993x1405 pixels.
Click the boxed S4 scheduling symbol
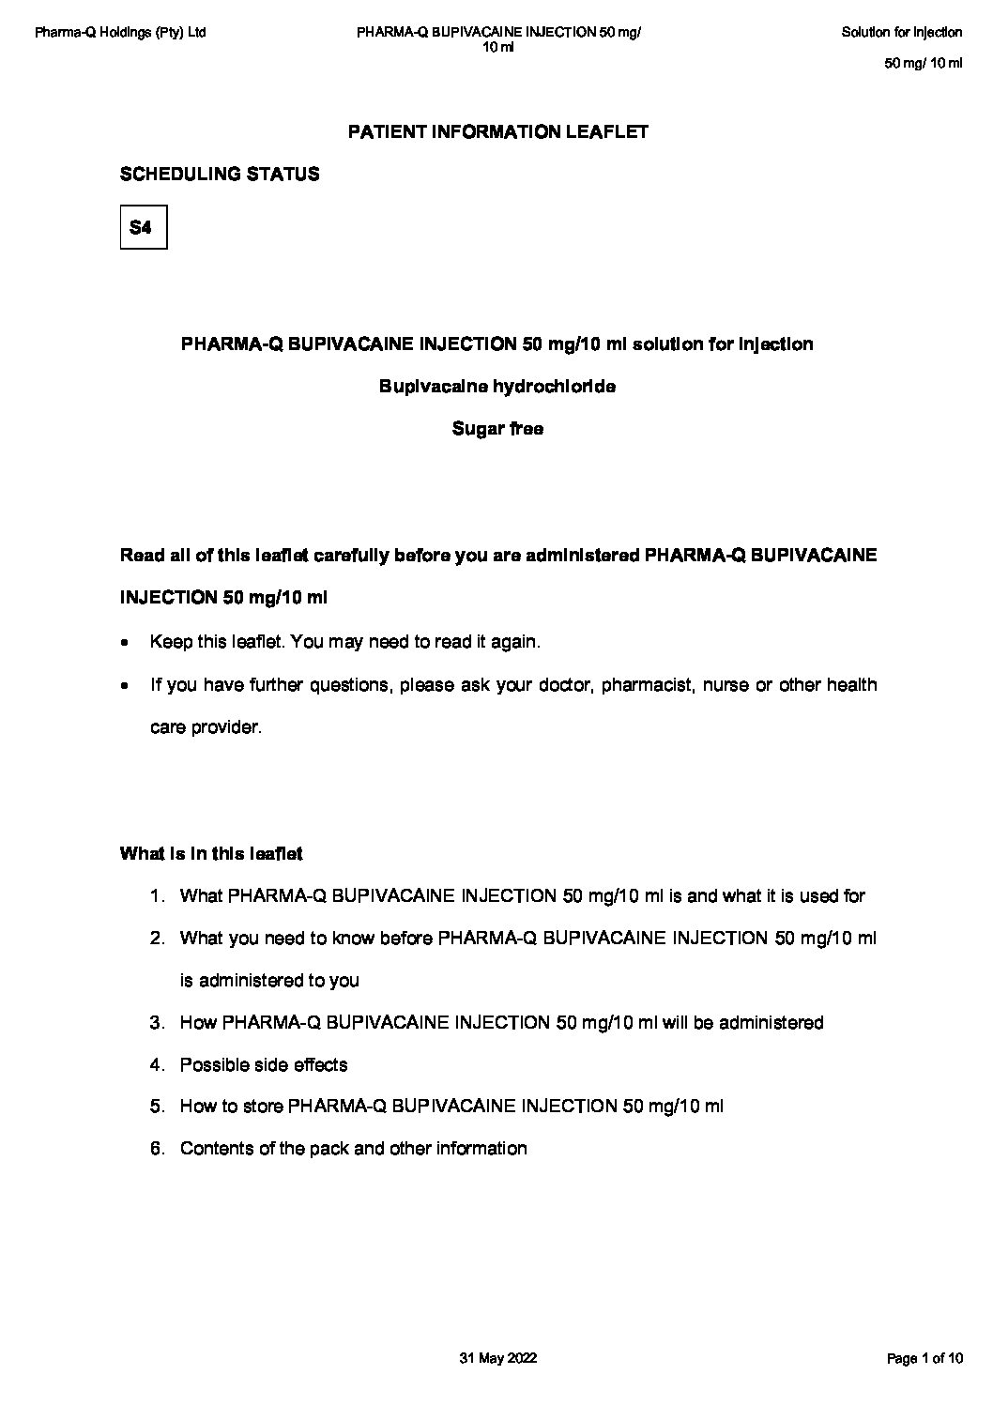coord(143,227)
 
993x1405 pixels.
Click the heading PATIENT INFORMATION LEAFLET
coord(497,132)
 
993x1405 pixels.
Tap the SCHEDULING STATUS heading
coord(220,175)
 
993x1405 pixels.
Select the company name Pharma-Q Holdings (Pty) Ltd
coord(120,33)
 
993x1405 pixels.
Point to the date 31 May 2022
coord(497,1358)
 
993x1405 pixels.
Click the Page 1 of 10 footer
coord(924,1358)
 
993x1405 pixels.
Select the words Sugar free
coord(497,429)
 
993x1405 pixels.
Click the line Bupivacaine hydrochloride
coord(497,387)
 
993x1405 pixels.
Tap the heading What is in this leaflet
coord(211,854)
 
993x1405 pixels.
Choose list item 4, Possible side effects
coord(263,1065)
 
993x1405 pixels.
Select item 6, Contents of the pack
coord(353,1149)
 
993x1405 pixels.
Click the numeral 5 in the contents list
coord(156,1107)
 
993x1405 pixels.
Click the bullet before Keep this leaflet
coord(126,644)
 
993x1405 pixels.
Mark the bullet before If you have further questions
coord(126,686)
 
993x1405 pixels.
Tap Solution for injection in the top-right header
coord(901,33)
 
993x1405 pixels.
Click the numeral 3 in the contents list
coord(156,1023)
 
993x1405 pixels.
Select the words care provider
coord(206,727)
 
